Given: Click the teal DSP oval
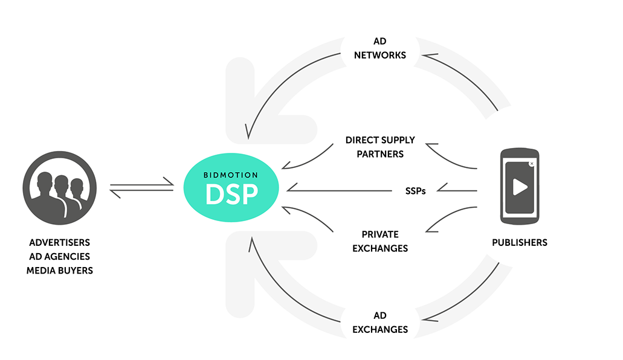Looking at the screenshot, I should click(x=232, y=189).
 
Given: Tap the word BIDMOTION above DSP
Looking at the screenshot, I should click(x=232, y=175).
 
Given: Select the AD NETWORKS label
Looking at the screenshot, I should click(x=379, y=48).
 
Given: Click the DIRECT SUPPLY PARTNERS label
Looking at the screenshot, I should click(x=380, y=147).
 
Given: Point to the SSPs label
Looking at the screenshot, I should click(x=415, y=191).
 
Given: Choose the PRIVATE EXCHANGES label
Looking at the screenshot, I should click(x=380, y=241).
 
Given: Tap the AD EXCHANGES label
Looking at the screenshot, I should click(x=380, y=323).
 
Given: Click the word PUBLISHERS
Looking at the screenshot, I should click(x=519, y=243).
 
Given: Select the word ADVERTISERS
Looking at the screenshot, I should click(x=59, y=243).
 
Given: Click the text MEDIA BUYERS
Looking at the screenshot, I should click(x=59, y=271).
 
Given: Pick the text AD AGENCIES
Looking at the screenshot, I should click(x=59, y=257).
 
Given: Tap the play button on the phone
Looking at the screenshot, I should click(x=519, y=187).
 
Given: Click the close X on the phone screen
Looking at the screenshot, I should click(x=531, y=164).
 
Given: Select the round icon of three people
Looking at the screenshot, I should click(x=59, y=187).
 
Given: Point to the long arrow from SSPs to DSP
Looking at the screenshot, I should click(x=338, y=191).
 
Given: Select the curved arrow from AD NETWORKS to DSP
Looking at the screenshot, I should click(x=284, y=79).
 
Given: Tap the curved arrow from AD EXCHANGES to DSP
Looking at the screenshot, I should click(x=284, y=296).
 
